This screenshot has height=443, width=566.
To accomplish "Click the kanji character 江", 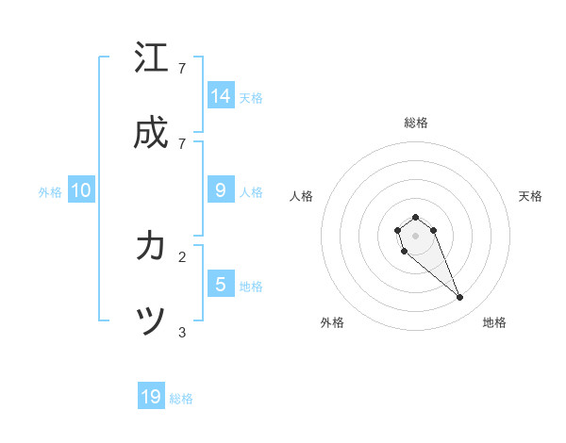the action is click(151, 58).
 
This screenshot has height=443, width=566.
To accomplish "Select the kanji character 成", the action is click(151, 133).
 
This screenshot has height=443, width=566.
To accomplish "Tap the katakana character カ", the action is click(151, 247).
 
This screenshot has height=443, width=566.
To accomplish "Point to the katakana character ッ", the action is click(151, 322).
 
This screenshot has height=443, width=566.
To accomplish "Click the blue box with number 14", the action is click(221, 96).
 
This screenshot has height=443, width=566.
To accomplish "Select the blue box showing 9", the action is click(221, 190).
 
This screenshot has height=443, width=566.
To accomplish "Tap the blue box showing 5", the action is click(221, 285).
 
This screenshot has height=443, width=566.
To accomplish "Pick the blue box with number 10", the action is click(81, 190).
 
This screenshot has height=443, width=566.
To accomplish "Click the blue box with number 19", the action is click(151, 397).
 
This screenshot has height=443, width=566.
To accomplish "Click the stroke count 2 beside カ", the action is click(182, 255).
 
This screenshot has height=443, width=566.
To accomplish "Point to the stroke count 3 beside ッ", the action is click(182, 331).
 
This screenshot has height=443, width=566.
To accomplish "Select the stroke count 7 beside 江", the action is click(182, 68).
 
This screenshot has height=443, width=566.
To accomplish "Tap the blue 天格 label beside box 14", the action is click(251, 97).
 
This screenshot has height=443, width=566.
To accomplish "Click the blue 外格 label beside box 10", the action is click(50, 191).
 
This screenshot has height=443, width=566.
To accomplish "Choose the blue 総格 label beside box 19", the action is click(181, 398).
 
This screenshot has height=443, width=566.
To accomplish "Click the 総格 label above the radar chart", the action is click(415, 123).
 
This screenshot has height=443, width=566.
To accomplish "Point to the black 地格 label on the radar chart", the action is click(494, 322).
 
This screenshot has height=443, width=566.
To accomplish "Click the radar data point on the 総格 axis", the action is click(415, 218).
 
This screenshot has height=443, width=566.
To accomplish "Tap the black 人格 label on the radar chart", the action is click(302, 196).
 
